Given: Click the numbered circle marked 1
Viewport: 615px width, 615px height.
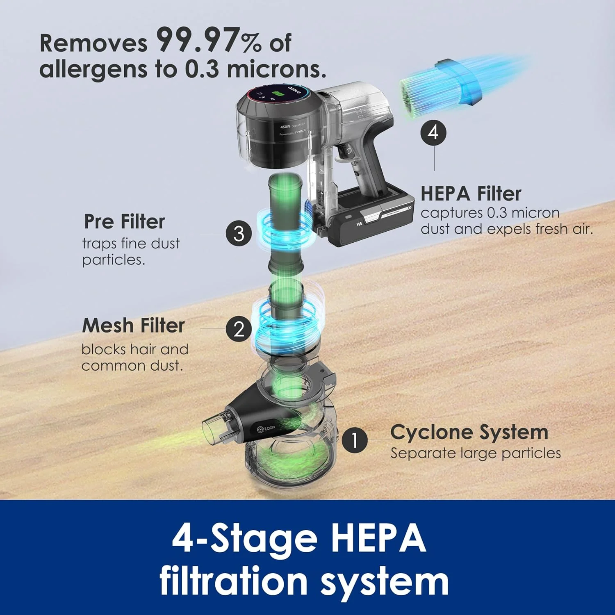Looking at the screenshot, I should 354,440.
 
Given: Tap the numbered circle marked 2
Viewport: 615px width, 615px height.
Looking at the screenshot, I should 239,329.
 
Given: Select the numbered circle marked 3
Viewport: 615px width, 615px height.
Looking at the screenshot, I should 239,234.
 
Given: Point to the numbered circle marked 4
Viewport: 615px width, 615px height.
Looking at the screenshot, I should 433,132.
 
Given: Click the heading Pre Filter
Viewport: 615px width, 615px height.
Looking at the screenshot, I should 124,222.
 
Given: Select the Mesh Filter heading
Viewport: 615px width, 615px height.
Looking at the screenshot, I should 134,326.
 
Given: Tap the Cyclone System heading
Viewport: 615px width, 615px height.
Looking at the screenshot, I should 469,432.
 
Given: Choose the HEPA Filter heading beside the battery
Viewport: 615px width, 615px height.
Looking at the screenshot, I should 471,194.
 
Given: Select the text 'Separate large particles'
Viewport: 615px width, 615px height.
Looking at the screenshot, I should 476,453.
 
